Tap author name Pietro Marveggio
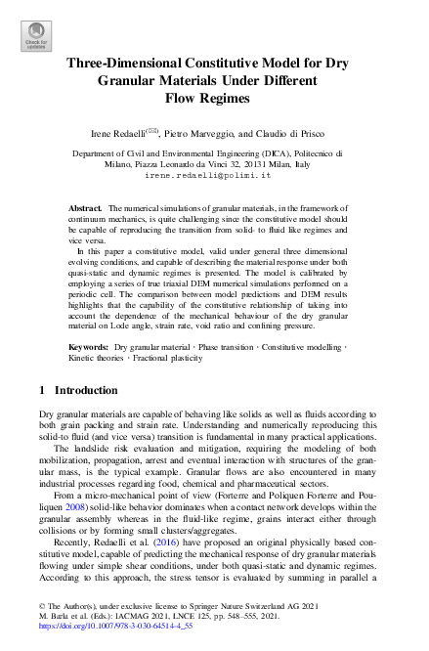coord(203,133)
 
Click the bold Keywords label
coord(89,348)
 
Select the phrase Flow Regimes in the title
coord(214,98)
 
